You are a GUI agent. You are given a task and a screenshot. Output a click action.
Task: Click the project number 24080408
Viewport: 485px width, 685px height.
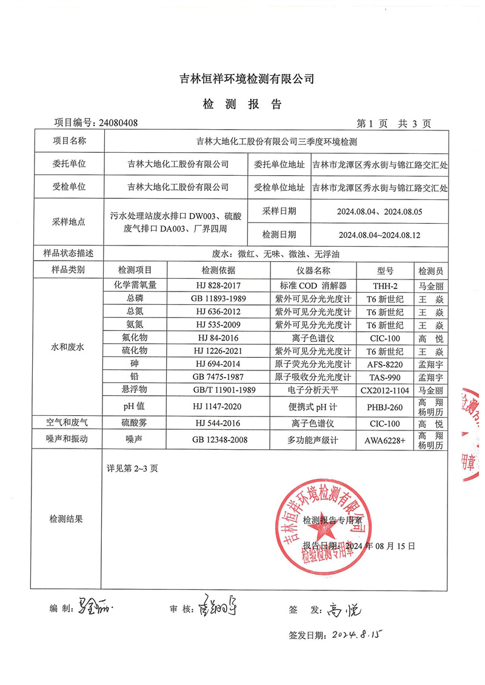(x=118, y=123)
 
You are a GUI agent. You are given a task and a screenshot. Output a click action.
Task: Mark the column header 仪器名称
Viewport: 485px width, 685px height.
(x=312, y=270)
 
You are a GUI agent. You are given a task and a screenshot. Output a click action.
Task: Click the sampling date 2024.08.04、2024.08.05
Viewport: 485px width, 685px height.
(x=379, y=212)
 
